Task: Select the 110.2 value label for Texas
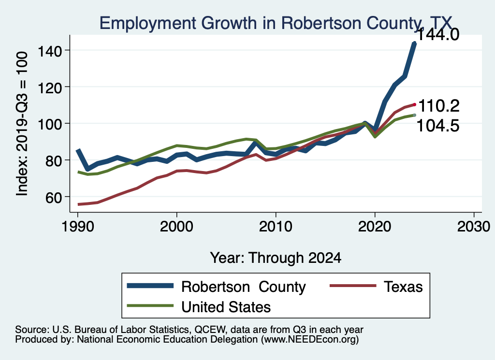pyautogui.click(x=438, y=105)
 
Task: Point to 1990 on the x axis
pyautogui.click(x=78, y=227)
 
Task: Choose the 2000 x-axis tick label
pyautogui.click(x=177, y=227)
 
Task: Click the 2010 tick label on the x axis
pyautogui.click(x=276, y=227)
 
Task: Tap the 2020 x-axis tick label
pyautogui.click(x=375, y=227)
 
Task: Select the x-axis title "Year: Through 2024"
pyautogui.click(x=276, y=258)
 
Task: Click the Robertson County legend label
pyautogui.click(x=244, y=287)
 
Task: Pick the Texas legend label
pyautogui.click(x=403, y=287)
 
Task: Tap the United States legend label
pyautogui.click(x=226, y=306)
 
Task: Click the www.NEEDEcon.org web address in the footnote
pyautogui.click(x=310, y=340)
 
